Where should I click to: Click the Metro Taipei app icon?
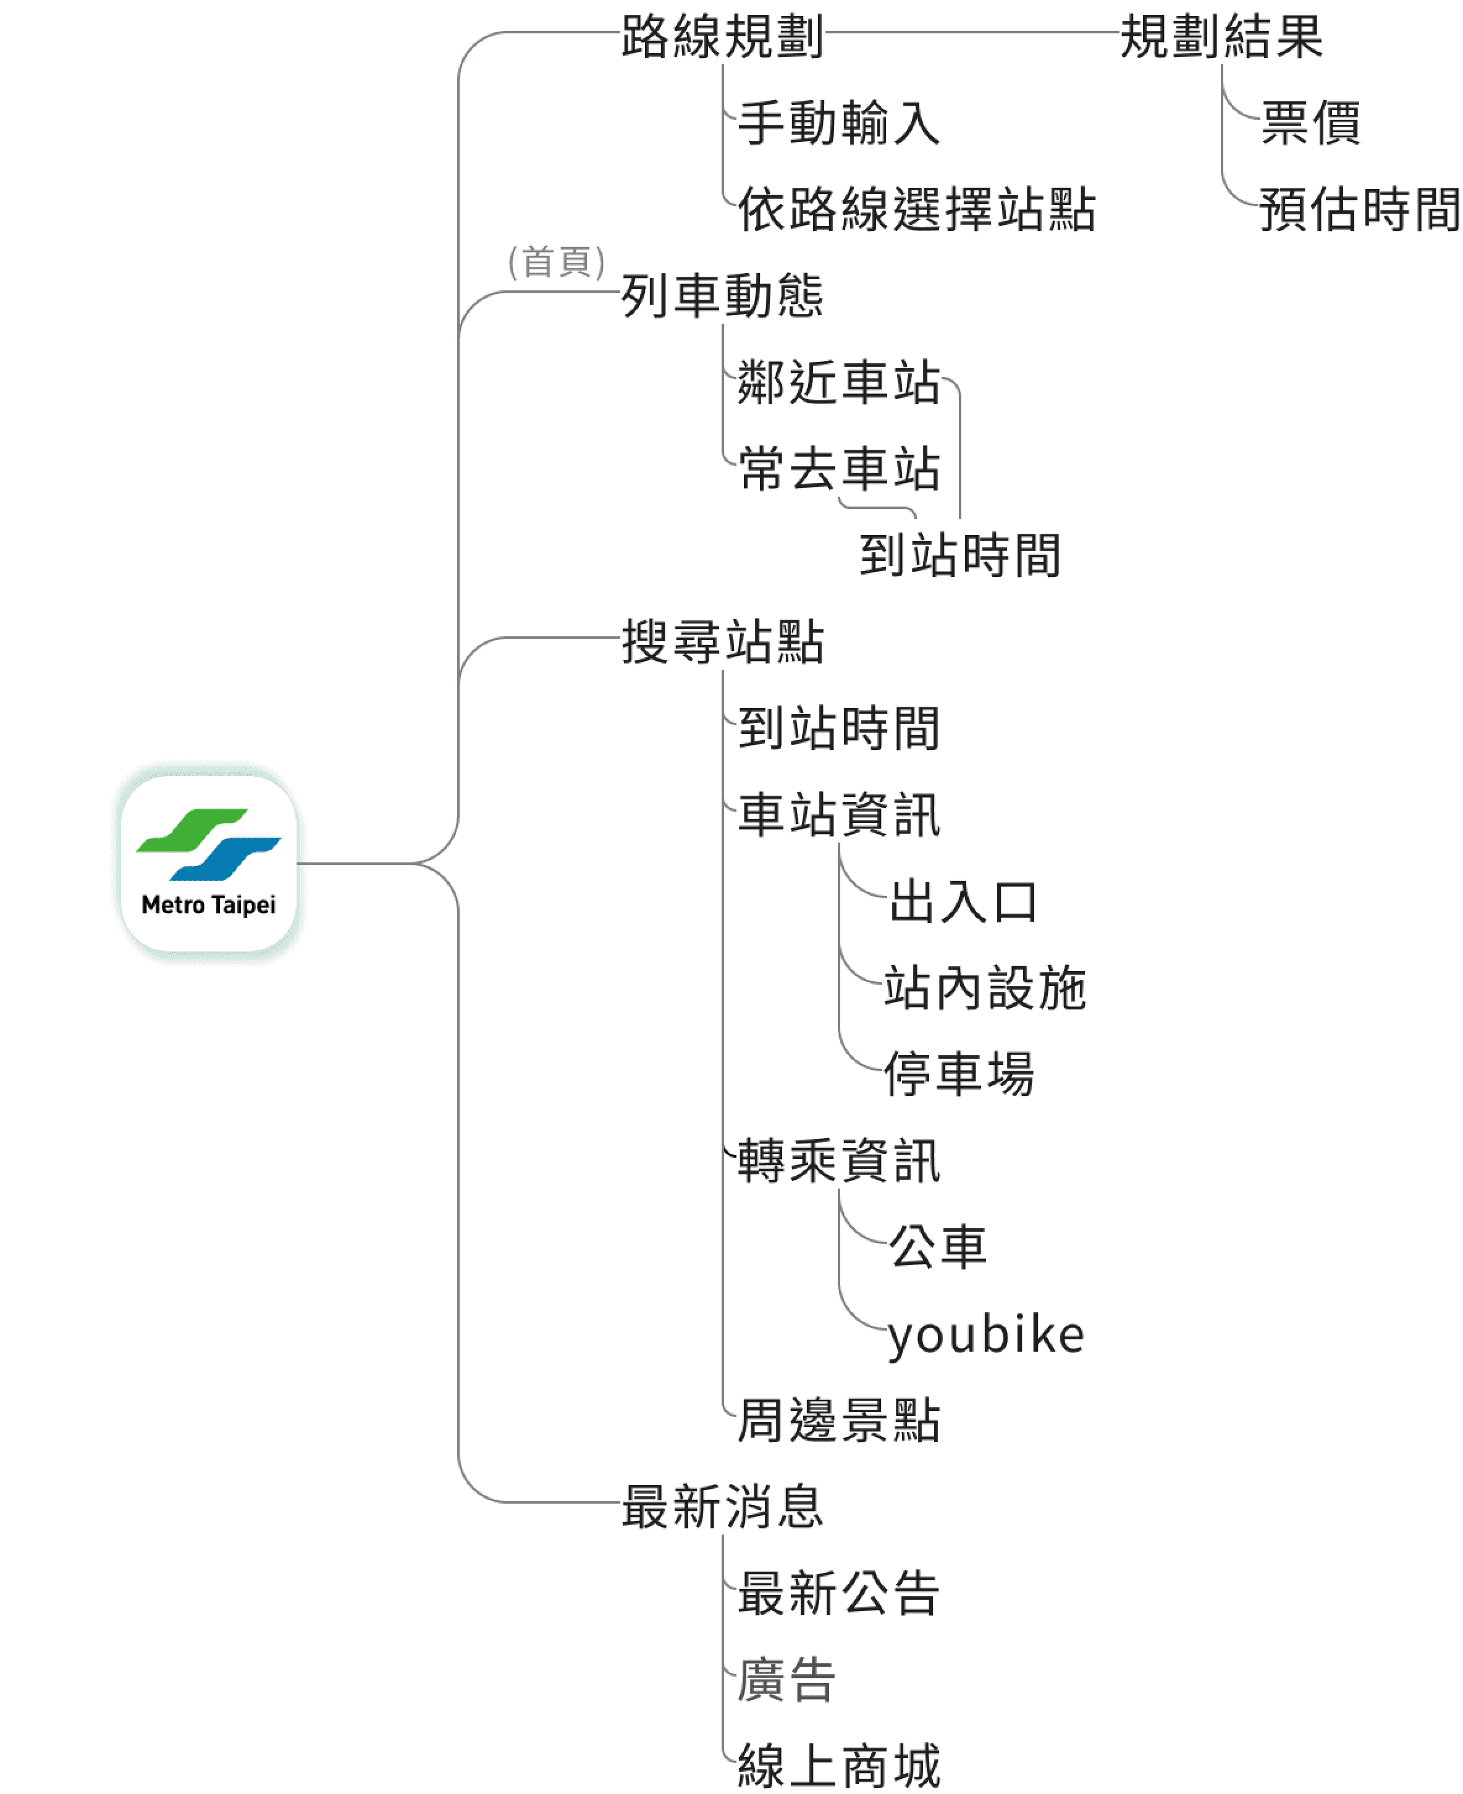pyautogui.click(x=208, y=863)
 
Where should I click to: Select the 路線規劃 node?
pyautogui.click(x=722, y=38)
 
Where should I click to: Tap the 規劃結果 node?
pyautogui.click(x=1221, y=38)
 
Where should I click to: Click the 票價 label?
pyautogui.click(x=1310, y=124)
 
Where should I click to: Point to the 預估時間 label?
pyautogui.click(x=1359, y=210)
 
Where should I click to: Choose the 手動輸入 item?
pyautogui.click(x=838, y=124)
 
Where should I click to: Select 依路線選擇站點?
pyautogui.click(x=916, y=210)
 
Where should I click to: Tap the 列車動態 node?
pyautogui.click(x=722, y=297)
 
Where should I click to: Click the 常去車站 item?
pyautogui.click(x=838, y=470)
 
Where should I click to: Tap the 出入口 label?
pyautogui.click(x=963, y=903)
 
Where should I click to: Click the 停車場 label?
pyautogui.click(x=958, y=1074)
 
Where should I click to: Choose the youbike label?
pyautogui.click(x=986, y=1336)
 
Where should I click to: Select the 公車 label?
pyautogui.click(x=937, y=1248)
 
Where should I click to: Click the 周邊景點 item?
pyautogui.click(x=838, y=1421)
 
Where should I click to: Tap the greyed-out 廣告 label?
pyautogui.click(x=785, y=1680)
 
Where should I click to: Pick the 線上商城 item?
pyautogui.click(x=838, y=1766)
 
